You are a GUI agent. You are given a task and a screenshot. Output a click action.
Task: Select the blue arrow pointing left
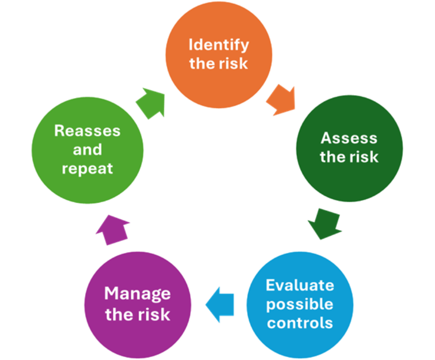[220, 304]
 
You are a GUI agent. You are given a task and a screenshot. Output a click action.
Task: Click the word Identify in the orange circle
[218, 45]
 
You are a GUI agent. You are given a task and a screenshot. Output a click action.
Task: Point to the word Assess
[349, 138]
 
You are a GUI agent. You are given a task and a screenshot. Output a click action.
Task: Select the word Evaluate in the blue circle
[300, 285]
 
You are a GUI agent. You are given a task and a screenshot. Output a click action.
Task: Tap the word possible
[300, 304]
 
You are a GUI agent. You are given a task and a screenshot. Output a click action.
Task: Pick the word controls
[300, 323]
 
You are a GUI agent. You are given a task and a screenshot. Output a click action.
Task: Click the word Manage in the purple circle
[137, 293]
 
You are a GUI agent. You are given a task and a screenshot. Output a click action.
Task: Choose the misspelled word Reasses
[87, 131]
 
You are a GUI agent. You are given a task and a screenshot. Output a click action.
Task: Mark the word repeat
[87, 169]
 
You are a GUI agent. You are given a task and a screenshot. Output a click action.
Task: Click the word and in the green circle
[87, 150]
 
